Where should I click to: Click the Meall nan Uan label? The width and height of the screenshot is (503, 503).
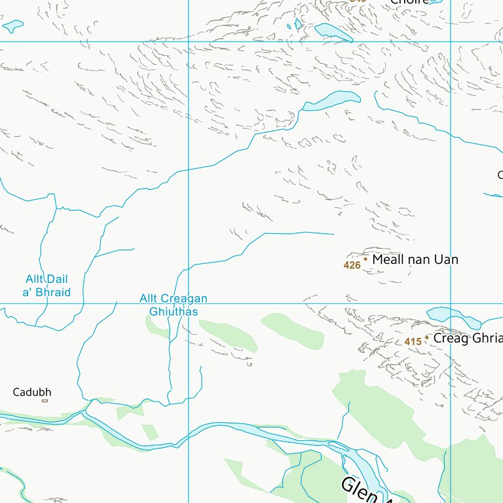coord(415,259)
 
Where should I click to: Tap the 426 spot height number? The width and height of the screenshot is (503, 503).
coord(352,265)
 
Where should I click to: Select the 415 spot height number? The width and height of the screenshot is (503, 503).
coord(412,342)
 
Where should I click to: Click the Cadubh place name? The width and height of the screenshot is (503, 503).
coord(32,392)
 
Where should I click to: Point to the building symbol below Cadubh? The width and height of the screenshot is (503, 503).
coord(45,401)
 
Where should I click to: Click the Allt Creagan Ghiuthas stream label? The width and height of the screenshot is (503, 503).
coord(173,305)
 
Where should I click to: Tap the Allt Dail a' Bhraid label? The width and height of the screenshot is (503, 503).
coord(47,286)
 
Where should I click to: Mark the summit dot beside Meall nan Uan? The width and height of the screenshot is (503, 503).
coord(365,259)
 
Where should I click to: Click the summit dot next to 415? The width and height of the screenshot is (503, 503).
coord(427,338)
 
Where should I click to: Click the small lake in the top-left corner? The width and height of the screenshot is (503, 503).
coord(13,26)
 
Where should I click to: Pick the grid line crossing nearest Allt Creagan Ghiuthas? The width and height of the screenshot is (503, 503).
coord(189,303)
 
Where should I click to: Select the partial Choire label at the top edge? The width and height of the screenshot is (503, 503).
coord(409,2)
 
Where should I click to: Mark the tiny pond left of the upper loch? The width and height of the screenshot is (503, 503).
coord(298,24)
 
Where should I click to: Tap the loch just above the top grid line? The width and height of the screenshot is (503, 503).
coord(333,32)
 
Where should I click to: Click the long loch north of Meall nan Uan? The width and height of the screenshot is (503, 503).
coord(333,99)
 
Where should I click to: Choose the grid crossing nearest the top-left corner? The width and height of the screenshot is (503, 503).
coord(189,42)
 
